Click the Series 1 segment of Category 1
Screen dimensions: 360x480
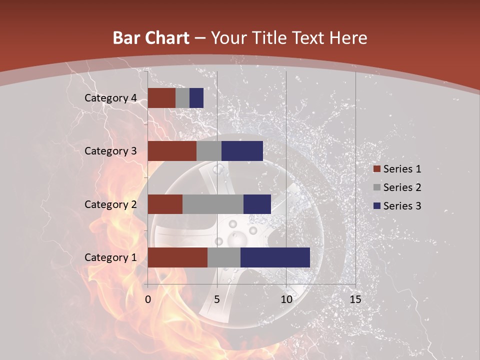pyautogui.click(x=177, y=257)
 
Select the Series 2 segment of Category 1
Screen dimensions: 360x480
pyautogui.click(x=224, y=257)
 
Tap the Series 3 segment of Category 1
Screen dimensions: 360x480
pyautogui.click(x=275, y=257)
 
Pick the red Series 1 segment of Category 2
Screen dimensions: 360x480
pyautogui.click(x=165, y=204)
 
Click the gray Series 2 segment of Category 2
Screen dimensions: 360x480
pyautogui.click(x=213, y=204)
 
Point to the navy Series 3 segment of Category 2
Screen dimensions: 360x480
pyautogui.click(x=257, y=204)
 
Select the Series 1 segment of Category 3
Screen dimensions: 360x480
pyautogui.click(x=172, y=151)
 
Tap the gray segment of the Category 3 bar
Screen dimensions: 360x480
pyautogui.click(x=209, y=151)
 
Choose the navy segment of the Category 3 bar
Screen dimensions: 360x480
pyautogui.click(x=242, y=151)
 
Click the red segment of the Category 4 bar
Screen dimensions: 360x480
pyautogui.click(x=161, y=98)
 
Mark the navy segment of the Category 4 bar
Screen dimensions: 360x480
pyautogui.click(x=196, y=98)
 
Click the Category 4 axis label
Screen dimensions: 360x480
pyautogui.click(x=110, y=98)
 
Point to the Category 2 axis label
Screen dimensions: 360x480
pyautogui.click(x=110, y=204)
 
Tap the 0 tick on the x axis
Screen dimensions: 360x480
pyautogui.click(x=148, y=299)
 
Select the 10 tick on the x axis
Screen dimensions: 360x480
pyautogui.click(x=286, y=299)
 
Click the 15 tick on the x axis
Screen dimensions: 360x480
pyautogui.click(x=355, y=299)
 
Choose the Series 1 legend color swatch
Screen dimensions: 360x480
pyautogui.click(x=376, y=169)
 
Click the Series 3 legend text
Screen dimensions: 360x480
pyautogui.click(x=402, y=206)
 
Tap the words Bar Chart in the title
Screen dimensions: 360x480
pyautogui.click(x=150, y=38)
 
